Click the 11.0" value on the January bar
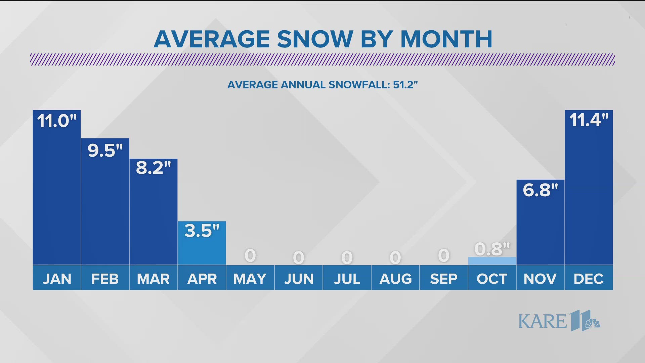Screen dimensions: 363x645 click(57, 121)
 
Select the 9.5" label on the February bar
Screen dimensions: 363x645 click(105, 150)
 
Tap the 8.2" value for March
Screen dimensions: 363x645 click(154, 168)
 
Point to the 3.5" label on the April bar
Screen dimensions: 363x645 click(202, 231)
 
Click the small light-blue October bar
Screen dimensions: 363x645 click(492, 261)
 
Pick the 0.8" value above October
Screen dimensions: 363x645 click(492, 249)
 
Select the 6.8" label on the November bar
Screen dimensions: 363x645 click(540, 190)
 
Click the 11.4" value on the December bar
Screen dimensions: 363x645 click(589, 120)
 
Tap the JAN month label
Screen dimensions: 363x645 click(57, 279)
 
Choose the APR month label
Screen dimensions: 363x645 click(202, 279)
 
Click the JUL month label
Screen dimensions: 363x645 click(347, 279)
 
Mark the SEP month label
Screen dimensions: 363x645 click(443, 279)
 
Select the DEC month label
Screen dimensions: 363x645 click(589, 279)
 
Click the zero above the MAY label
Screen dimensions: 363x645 click(250, 255)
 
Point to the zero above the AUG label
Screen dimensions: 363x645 click(395, 258)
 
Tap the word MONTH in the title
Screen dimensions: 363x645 click(446, 39)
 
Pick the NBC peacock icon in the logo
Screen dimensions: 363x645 click(592, 323)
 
